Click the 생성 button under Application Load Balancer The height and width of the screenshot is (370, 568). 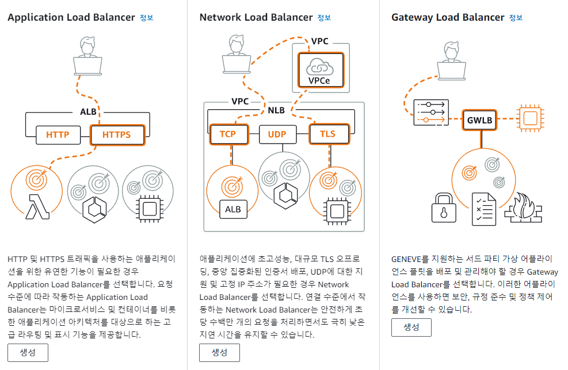[28, 352]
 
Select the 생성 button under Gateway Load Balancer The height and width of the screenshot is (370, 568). [411, 327]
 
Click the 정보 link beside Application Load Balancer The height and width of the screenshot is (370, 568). [147, 18]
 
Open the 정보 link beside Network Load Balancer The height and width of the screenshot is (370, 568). [324, 18]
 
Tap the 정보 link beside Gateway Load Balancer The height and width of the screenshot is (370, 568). [516, 18]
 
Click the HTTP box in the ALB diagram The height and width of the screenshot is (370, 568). [58, 135]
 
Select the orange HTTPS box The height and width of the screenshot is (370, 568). [116, 135]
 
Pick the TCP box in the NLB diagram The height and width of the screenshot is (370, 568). [227, 134]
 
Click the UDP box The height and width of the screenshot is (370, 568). [277, 134]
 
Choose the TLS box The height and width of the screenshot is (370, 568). [327, 134]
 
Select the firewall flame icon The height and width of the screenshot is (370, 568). [523, 208]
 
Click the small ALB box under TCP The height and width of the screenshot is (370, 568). [232, 209]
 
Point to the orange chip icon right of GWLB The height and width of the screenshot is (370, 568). [531, 118]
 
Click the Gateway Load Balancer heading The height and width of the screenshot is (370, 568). [447, 17]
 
